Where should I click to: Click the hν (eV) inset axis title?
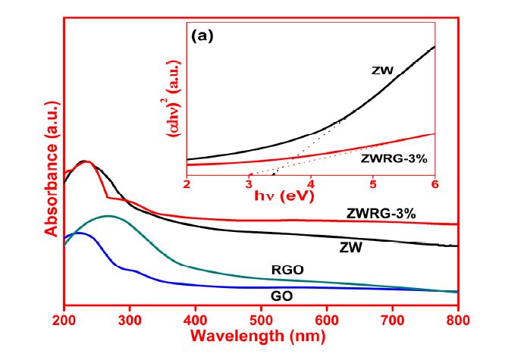[x=310, y=198]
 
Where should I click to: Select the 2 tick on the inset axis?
[x=187, y=184]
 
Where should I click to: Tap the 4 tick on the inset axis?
[x=311, y=184]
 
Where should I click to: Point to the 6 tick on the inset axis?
[x=435, y=184]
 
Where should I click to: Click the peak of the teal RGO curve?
[x=108, y=216]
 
